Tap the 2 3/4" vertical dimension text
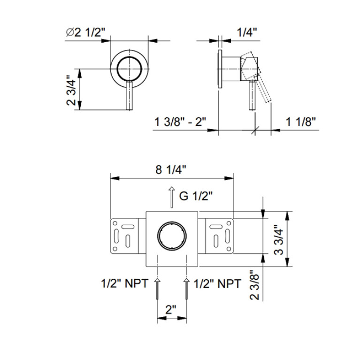pyautogui.click(x=71, y=90)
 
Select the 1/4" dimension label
pyautogui.click(x=247, y=32)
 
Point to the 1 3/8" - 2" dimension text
pyautogui.click(x=180, y=122)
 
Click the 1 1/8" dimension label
pyautogui.click(x=300, y=122)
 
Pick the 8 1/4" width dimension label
pyautogui.click(x=170, y=170)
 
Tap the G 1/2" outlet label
pyautogui.click(x=196, y=196)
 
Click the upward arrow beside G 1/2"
pyautogui.click(x=171, y=197)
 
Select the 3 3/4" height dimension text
pyautogui.click(x=279, y=239)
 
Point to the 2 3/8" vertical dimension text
pyautogui.click(x=254, y=284)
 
